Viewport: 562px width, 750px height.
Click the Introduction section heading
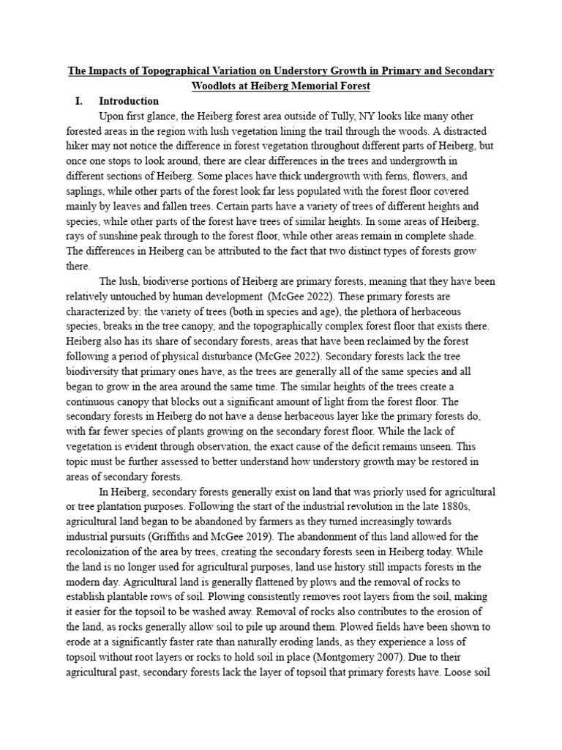coord(129,101)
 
